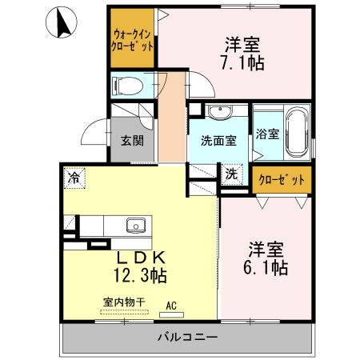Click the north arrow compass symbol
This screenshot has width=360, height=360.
click(61, 25)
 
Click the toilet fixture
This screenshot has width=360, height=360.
click(127, 85)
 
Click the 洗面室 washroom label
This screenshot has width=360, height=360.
click(218, 141)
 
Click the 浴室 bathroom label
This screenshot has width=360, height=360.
click(267, 134)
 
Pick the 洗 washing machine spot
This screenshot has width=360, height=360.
click(231, 174)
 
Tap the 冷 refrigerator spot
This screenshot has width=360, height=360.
click(74, 175)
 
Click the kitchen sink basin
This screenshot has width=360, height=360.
click(135, 225)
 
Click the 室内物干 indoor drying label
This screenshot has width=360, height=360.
click(124, 302)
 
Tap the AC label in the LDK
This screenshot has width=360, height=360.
click(171, 305)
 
